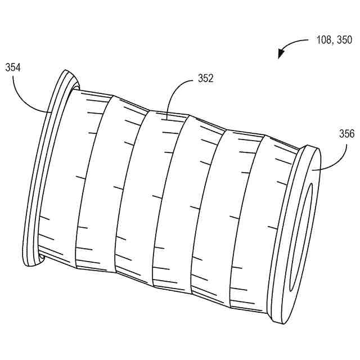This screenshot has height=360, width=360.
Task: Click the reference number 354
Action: tap(13, 67)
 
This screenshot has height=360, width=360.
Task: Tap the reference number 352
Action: tap(205, 79)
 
